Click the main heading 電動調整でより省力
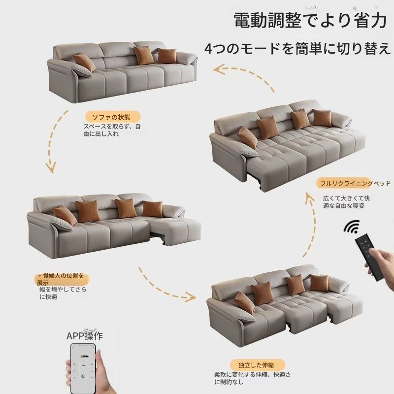(310, 21)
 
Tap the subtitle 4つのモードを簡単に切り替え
(298, 48)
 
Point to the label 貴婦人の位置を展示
(60, 279)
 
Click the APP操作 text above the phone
(85, 336)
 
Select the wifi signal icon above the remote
(352, 226)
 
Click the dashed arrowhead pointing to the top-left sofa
(219, 69)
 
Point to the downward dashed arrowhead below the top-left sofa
(51, 167)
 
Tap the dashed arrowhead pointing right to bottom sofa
(190, 297)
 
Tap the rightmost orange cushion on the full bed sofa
(322, 118)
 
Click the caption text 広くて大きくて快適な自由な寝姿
(346, 202)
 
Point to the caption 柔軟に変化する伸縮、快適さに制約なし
(252, 378)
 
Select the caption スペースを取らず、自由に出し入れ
(112, 130)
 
